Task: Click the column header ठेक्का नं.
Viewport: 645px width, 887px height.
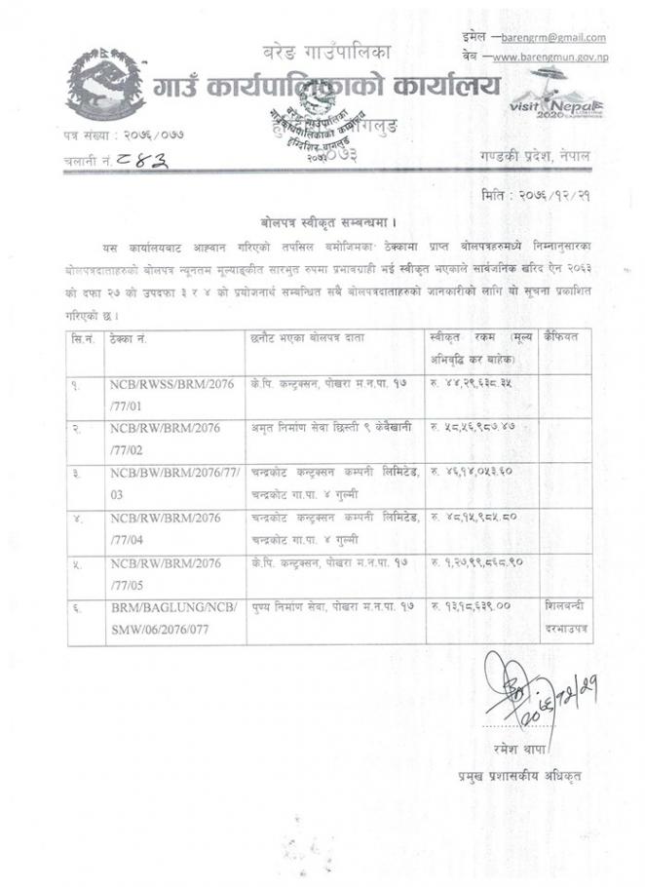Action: click(132, 337)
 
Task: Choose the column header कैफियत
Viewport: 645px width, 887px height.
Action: click(564, 337)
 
